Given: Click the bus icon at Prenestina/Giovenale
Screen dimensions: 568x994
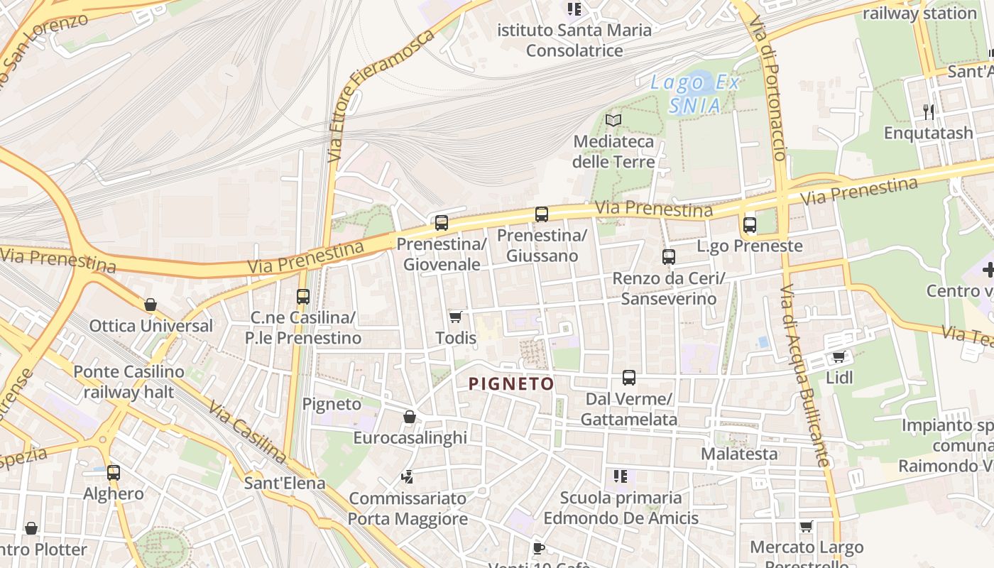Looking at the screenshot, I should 442,223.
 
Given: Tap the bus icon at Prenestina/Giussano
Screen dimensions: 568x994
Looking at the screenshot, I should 542,214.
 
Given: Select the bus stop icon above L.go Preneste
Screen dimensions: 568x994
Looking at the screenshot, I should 749,225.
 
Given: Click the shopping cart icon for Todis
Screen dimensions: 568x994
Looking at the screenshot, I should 455,317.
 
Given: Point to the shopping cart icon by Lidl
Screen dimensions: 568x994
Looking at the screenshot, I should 839,356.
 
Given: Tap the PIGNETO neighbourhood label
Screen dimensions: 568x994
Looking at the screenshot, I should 510,384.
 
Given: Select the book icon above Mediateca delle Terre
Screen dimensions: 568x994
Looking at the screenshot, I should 613,120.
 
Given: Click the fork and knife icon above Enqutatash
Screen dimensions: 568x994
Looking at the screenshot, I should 928,111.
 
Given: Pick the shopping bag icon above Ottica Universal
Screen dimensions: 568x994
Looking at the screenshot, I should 151,305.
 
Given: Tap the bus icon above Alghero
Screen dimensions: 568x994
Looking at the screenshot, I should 113,472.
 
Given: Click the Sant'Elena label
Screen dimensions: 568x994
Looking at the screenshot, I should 284,484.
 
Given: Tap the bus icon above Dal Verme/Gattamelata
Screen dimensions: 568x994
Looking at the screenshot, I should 628,378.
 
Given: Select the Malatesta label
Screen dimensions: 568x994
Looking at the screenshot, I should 739,454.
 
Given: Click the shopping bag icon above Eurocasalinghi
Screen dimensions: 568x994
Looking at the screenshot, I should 410,417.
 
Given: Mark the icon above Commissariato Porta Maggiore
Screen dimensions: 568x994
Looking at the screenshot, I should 407,476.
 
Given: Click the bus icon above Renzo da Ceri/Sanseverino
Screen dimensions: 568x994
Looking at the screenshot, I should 668,257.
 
